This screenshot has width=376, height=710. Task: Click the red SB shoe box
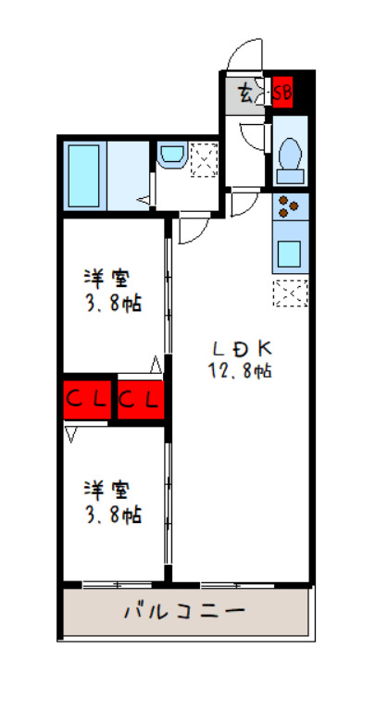coord(282,93)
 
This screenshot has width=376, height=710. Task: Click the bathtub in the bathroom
coord(83,176)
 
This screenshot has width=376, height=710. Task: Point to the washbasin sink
coord(172,155)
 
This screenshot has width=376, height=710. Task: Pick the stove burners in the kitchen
coord(288,206)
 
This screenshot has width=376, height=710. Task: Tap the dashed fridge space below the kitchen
coord(291,293)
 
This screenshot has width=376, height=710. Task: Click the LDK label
coord(242,348)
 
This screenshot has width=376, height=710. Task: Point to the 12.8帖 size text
coord(240,371)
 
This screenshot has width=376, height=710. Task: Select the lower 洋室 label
coord(107,491)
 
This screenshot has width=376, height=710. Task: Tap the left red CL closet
coord(87,400)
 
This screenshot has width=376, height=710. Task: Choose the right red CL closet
coord(140,400)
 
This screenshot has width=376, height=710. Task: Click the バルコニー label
coord(185,612)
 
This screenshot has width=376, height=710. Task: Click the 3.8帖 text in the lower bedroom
coord(113,515)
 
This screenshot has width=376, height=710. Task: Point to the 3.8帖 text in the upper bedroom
coord(113,304)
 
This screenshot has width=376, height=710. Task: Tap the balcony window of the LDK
coord(238,585)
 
